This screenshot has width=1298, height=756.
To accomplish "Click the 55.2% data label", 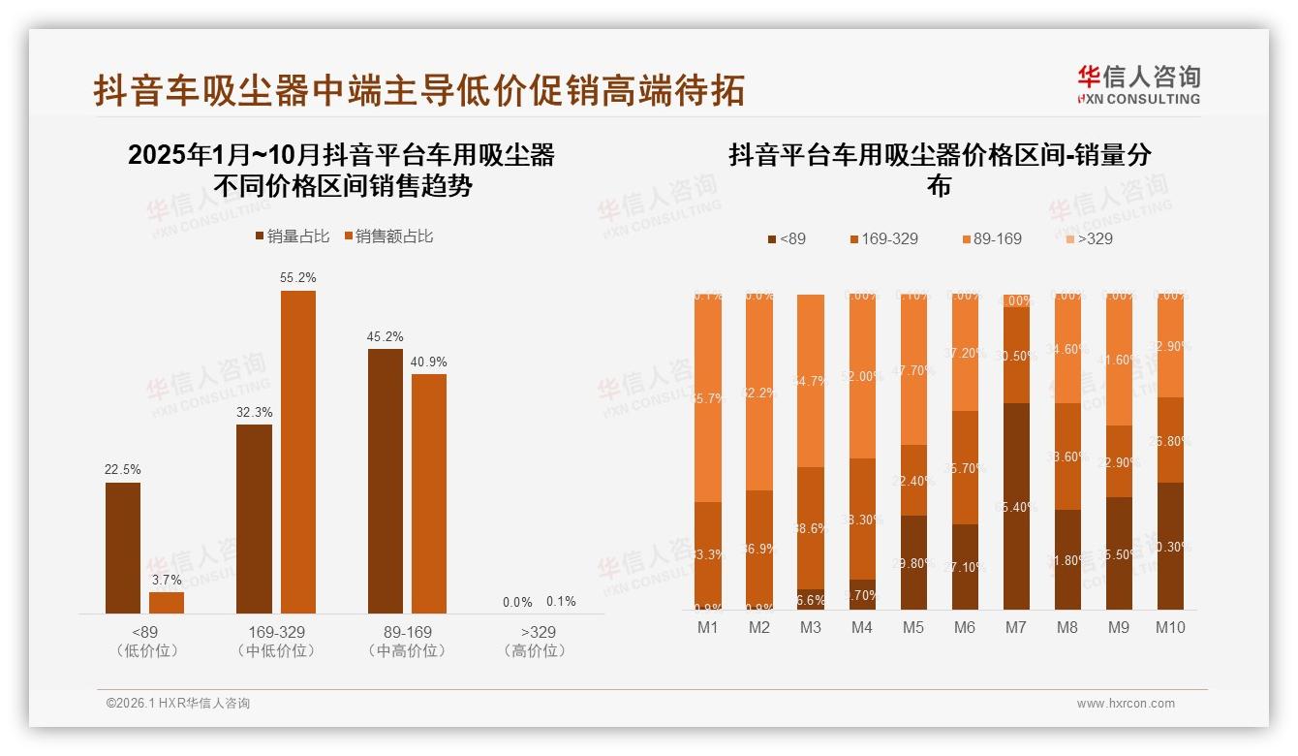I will point(298,278).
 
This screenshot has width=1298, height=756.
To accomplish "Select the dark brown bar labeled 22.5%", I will point(123,548).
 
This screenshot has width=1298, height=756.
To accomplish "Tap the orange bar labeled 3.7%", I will point(167,603).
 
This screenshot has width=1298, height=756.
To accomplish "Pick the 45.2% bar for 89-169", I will point(386,481).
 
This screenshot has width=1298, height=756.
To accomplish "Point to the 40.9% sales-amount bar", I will point(429,493).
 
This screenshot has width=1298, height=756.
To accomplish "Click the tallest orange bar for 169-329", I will point(298,452).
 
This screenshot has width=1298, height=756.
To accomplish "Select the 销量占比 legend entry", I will point(293,236).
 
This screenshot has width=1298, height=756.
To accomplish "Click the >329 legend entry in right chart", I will point(1089,238).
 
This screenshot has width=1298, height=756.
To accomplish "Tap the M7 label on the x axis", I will point(1015,628).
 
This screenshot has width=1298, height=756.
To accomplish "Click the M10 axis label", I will point(1169,628).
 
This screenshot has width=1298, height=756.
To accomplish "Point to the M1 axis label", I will point(708,628).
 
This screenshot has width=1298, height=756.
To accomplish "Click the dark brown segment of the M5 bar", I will point(913,562).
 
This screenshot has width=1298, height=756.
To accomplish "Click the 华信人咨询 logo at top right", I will point(1139,85).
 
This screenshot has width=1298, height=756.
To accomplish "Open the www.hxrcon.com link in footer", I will point(1126,704).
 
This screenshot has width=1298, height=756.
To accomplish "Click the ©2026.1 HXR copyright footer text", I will point(177,704).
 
